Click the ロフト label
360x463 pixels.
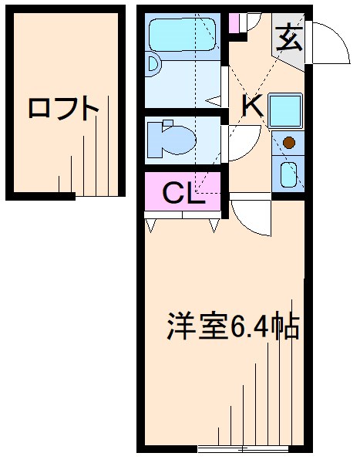[x=63, y=108]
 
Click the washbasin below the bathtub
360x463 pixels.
[x=153, y=66]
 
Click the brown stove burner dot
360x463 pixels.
[x=288, y=142]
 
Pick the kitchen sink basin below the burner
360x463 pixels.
[x=288, y=175]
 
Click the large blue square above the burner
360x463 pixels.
[x=288, y=110]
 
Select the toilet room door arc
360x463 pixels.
[x=241, y=139]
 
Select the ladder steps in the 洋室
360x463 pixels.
[x=262, y=394]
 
